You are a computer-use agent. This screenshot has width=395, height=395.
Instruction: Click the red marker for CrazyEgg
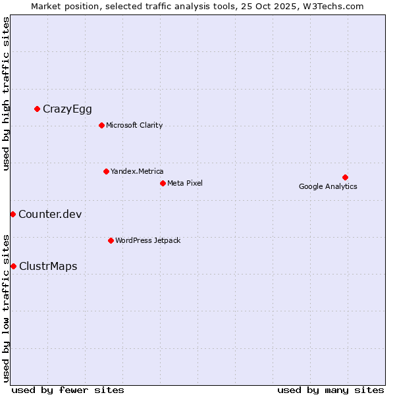pos(37,109)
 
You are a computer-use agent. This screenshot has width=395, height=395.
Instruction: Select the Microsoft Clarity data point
pos(101,125)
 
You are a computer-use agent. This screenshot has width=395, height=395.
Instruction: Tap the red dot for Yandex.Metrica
pos(106,171)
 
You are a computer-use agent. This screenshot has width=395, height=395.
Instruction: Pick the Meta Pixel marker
pos(163,183)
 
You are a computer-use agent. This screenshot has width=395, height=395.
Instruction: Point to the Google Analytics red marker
pos(345,177)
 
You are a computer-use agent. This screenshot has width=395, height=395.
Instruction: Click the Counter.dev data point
pos(13,214)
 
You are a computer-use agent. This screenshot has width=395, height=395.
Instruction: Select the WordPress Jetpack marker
pos(111,240)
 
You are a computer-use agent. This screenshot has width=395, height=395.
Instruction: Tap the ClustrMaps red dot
pos(13,266)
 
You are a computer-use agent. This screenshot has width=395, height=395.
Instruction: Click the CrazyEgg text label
pos(67,109)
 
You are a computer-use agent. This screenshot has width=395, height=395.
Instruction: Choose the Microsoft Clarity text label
pos(134,125)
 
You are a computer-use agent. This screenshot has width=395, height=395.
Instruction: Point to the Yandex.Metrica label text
pos(137,171)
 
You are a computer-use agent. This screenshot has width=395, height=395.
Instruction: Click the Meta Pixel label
pos(185,183)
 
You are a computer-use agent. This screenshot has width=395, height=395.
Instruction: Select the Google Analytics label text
pos(328,186)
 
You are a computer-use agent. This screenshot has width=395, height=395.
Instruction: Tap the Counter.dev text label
pos(50,214)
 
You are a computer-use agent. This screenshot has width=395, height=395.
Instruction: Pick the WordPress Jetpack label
pos(147,240)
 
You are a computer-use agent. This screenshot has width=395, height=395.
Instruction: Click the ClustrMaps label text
pos(48,267)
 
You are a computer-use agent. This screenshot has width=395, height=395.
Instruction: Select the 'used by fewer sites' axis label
pos(68,390)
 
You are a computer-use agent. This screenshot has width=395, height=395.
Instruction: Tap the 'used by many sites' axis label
pos(330,390)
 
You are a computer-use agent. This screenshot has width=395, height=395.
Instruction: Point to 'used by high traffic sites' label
pos(6,94)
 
